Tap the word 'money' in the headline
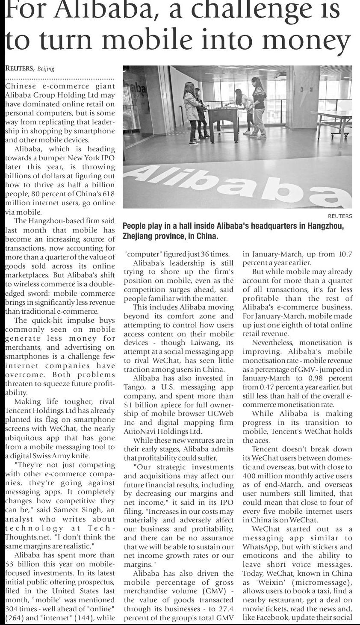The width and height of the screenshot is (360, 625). pos(306,41)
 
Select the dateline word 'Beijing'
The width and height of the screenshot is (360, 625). pos(46,69)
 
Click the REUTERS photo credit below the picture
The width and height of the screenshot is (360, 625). pos(340,216)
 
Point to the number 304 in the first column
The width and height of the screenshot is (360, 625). pos(12,609)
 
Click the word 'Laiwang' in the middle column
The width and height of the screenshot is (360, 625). pos(212,342)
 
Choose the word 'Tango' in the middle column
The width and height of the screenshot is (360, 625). pos(133,387)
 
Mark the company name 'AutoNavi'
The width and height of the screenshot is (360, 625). pos(138,431)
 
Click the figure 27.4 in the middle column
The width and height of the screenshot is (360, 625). pos(226,609)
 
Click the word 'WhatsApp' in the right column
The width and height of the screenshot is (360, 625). pos(259,547)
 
